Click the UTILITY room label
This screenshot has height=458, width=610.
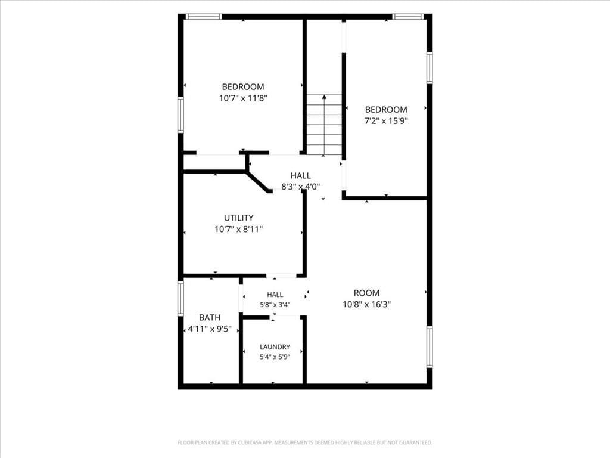pos(238,218)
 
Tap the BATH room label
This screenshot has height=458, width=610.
pos(210,317)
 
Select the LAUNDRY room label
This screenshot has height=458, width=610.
pos(275,346)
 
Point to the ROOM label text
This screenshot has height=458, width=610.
pos(366,293)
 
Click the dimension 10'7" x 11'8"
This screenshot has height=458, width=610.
pos(243,98)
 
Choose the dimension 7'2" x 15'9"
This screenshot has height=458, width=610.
pos(386,120)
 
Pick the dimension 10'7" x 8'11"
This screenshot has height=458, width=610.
pos(238,229)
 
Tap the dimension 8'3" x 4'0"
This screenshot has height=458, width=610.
pos(300,187)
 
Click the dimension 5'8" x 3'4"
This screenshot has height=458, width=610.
pos(275,305)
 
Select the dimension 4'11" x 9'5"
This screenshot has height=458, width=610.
pos(210,329)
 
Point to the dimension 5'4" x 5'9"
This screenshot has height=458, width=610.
pos(275,357)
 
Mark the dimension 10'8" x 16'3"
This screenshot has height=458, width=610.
pos(366,304)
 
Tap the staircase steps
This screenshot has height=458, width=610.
pos(324,125)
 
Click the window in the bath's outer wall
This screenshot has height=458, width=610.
pos(180,298)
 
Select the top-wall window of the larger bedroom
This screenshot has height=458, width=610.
pos(204,17)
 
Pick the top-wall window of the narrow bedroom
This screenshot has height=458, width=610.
pos(407,17)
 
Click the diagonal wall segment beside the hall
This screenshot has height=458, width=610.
pos(258,181)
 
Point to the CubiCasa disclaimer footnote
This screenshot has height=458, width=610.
pos(305,442)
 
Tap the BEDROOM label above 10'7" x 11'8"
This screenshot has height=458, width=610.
pos(243,87)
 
